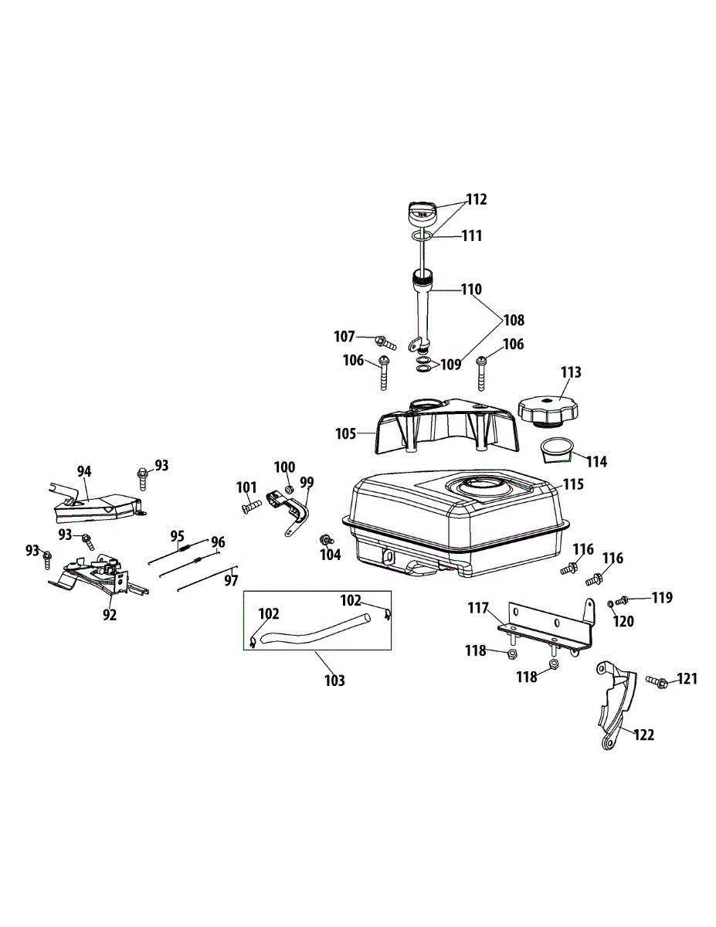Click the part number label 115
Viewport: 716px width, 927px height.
click(574, 484)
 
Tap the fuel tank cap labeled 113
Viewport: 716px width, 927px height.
click(548, 409)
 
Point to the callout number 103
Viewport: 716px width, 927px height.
click(334, 681)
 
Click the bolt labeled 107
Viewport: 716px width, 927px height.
click(385, 342)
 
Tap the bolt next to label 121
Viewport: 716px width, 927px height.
click(657, 681)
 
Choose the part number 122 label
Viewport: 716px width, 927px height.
click(644, 735)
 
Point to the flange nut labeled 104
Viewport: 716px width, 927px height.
click(326, 540)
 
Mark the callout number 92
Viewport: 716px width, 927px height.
click(110, 614)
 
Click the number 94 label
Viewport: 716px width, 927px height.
click(84, 471)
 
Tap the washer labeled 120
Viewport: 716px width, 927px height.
click(610, 603)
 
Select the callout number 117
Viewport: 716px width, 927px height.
click(477, 608)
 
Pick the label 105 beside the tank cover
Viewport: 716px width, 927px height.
click(346, 434)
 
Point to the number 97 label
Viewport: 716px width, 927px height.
click(231, 581)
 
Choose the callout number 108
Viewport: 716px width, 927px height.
click(514, 320)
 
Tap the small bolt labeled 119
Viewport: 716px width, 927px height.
click(621, 599)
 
